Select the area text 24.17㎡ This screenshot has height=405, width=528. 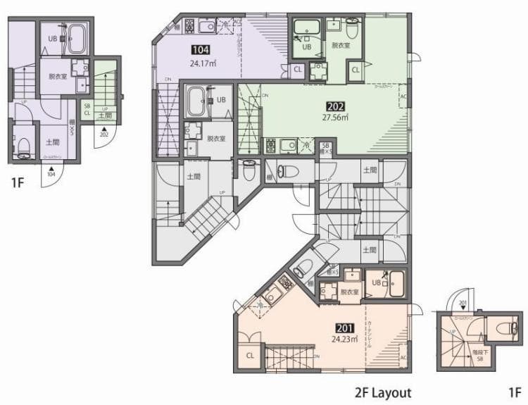(x=202, y=62)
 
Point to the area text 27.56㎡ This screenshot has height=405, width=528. (x=335, y=117)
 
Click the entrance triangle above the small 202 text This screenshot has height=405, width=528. (x=104, y=127)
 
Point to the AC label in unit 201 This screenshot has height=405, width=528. (x=403, y=358)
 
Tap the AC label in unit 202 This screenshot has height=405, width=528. (x=403, y=97)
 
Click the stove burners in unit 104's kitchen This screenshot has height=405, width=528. (x=189, y=26)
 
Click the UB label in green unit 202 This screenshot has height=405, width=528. (x=306, y=46)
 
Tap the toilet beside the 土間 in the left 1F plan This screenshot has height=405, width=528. (x=23, y=145)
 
